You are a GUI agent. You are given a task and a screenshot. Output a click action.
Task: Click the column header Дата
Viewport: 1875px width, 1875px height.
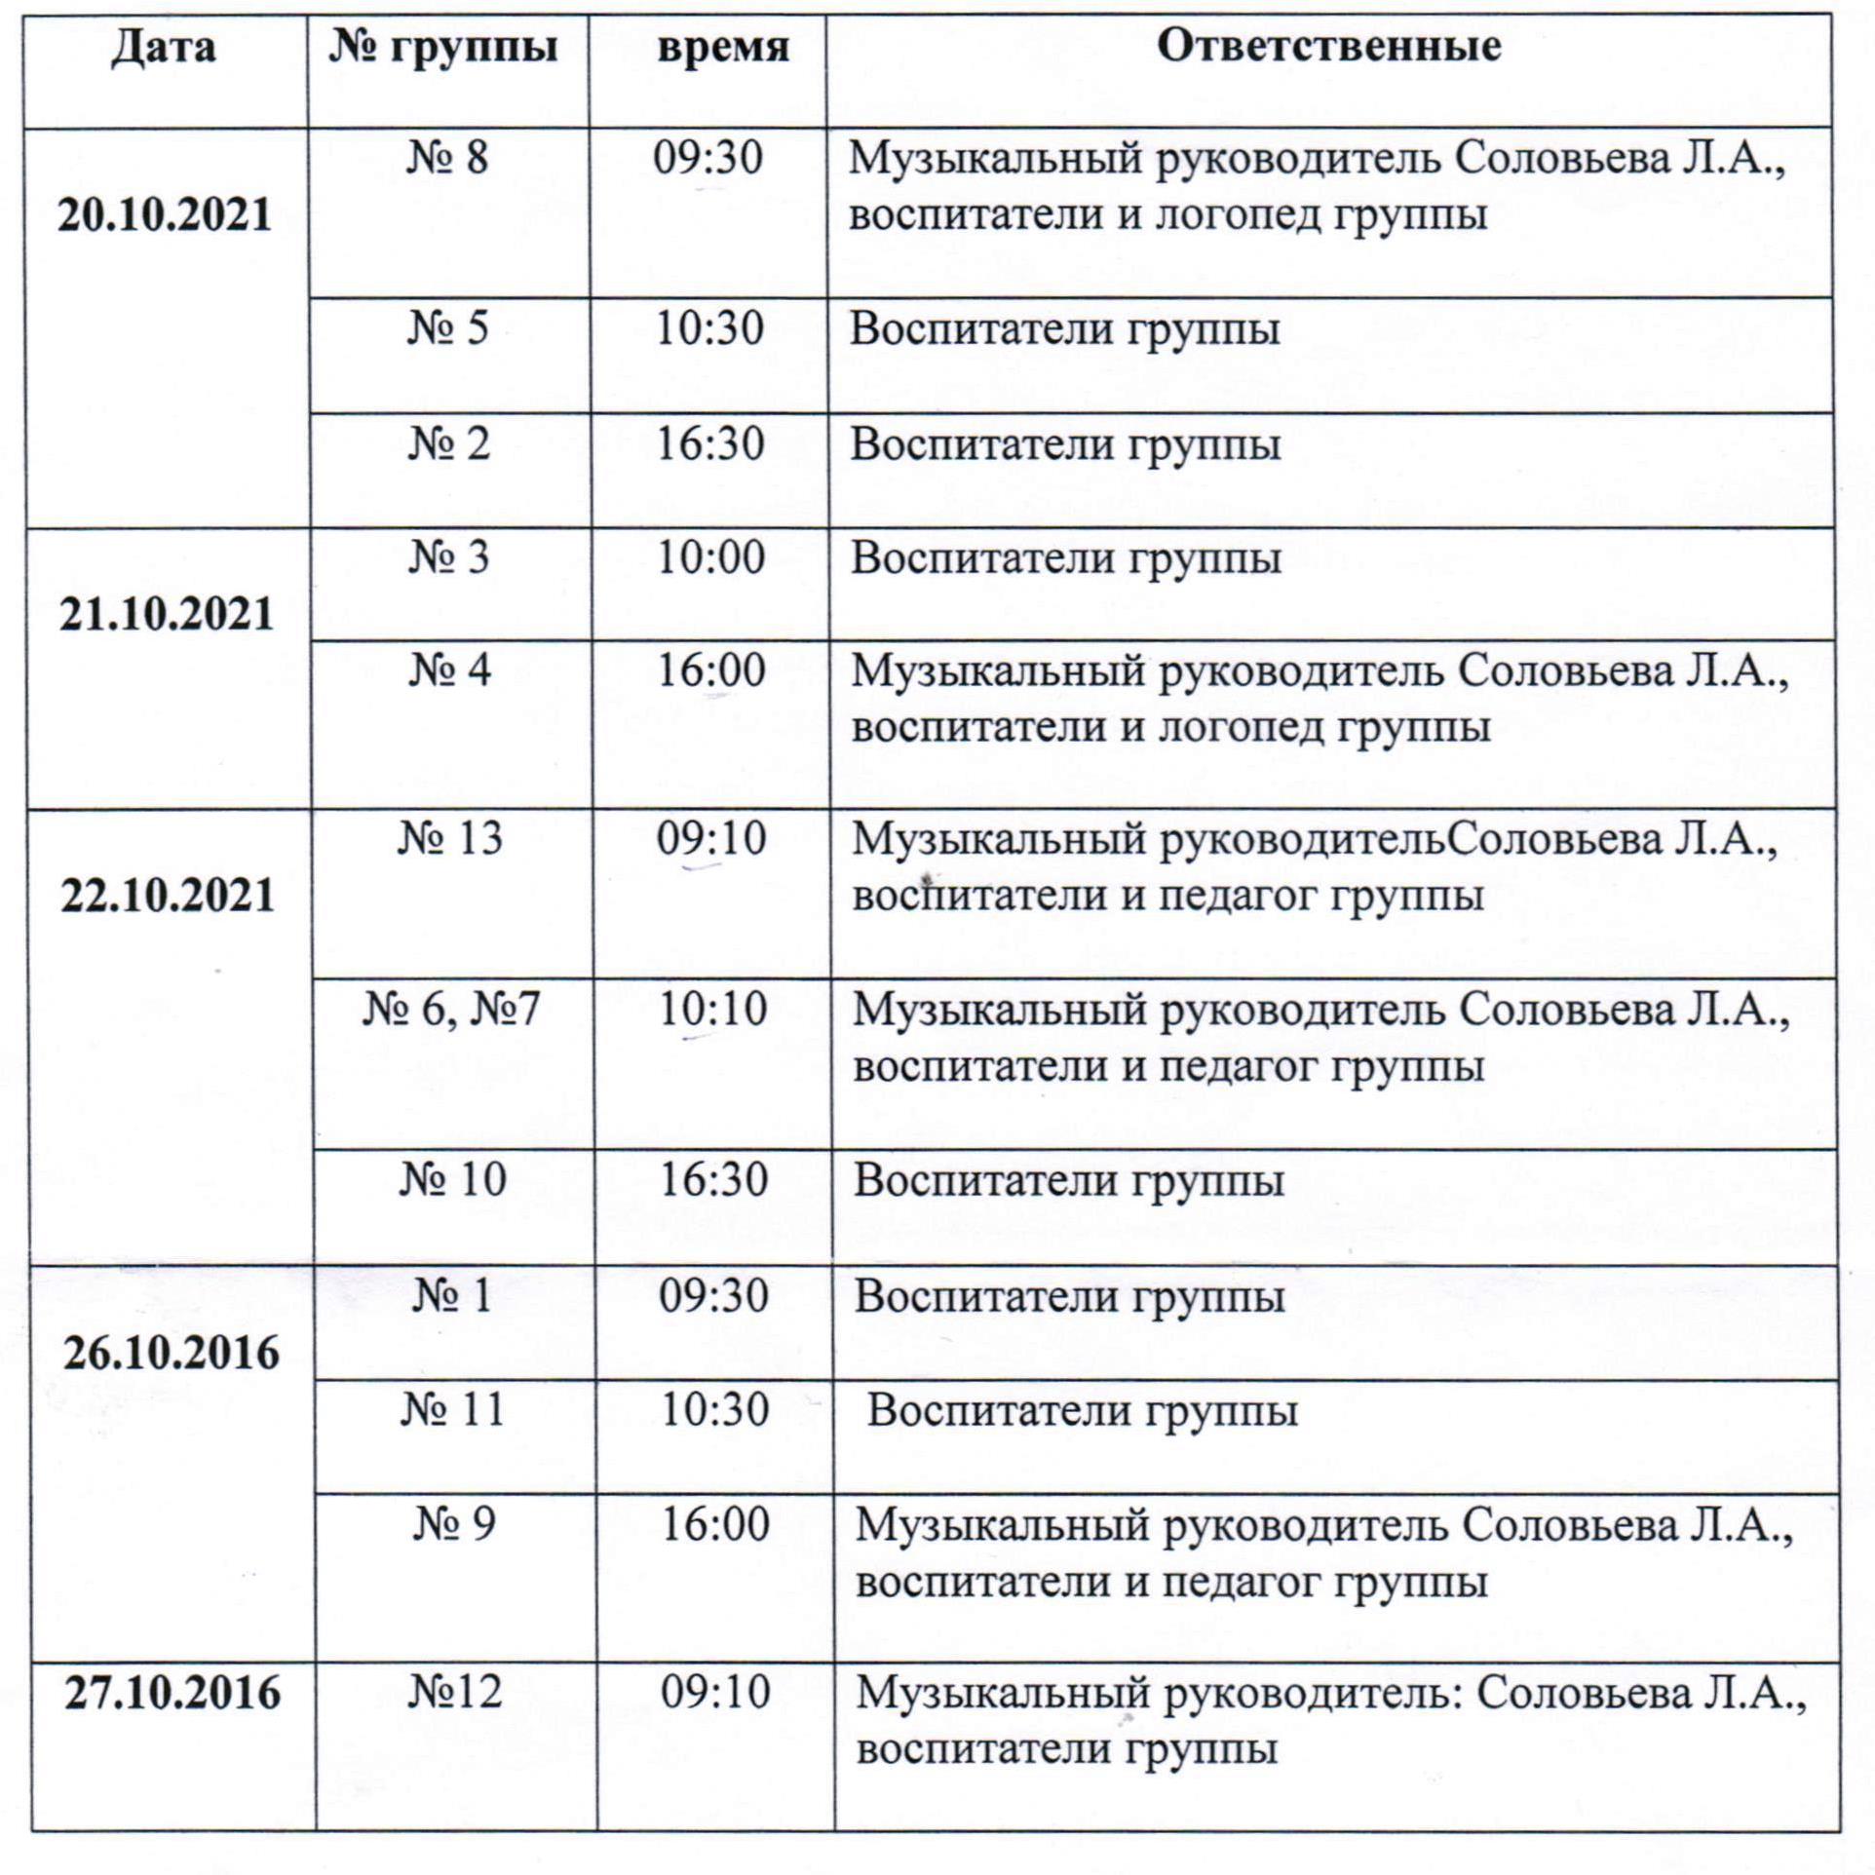[163, 47]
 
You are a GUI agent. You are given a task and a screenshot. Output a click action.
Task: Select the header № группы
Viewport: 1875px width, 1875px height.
[443, 47]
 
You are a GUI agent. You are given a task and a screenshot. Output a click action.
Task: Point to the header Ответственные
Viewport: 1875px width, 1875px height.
[1328, 47]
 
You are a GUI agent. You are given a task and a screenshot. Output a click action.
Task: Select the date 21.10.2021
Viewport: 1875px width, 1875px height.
[167, 615]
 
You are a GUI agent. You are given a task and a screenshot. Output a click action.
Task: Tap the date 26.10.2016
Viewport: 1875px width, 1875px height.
[172, 1354]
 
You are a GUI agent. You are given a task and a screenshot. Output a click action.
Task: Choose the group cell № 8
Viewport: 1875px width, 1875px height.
[447, 158]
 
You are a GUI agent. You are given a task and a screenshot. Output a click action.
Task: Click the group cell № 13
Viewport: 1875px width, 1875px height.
[450, 839]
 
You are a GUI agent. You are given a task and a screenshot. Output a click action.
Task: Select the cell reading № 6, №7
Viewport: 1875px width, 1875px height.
[450, 1010]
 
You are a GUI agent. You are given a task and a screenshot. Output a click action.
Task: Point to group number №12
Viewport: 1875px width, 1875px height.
[454, 1692]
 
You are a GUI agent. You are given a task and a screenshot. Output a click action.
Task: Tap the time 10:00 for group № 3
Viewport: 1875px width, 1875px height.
[710, 558]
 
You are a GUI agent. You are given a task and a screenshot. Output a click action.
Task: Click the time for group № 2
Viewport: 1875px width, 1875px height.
[709, 444]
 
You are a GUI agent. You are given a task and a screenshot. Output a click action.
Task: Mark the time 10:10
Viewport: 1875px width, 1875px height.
[712, 1010]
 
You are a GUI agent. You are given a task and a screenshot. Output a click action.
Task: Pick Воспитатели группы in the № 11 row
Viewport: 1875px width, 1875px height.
[1082, 1411]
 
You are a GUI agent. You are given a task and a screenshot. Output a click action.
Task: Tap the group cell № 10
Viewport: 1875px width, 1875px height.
[453, 1180]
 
